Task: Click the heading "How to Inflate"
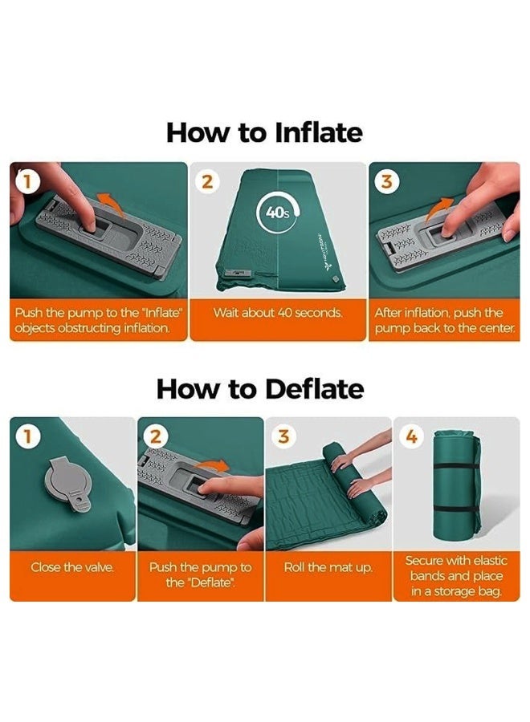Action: [264, 132]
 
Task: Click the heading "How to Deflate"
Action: [260, 389]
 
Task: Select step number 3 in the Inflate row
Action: [387, 182]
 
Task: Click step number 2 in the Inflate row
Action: [208, 182]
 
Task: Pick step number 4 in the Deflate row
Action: [412, 436]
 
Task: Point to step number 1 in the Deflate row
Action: [27, 436]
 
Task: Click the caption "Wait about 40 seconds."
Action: [278, 313]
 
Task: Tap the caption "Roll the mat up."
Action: [328, 567]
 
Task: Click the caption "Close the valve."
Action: [72, 567]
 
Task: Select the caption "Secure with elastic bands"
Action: [456, 569]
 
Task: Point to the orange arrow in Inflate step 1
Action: [111, 204]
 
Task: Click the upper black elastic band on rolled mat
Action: [456, 467]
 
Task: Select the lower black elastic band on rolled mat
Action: [456, 509]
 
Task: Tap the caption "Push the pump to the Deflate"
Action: [200, 575]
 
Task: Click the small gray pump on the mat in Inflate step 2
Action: [238, 274]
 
